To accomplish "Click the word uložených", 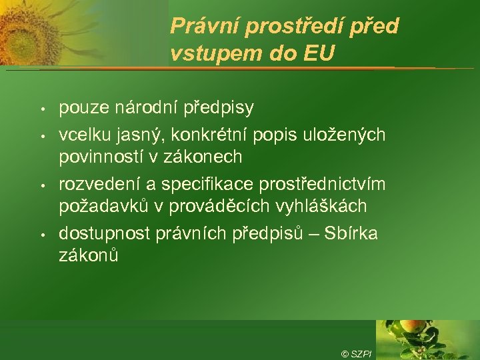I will tap(343, 136).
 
